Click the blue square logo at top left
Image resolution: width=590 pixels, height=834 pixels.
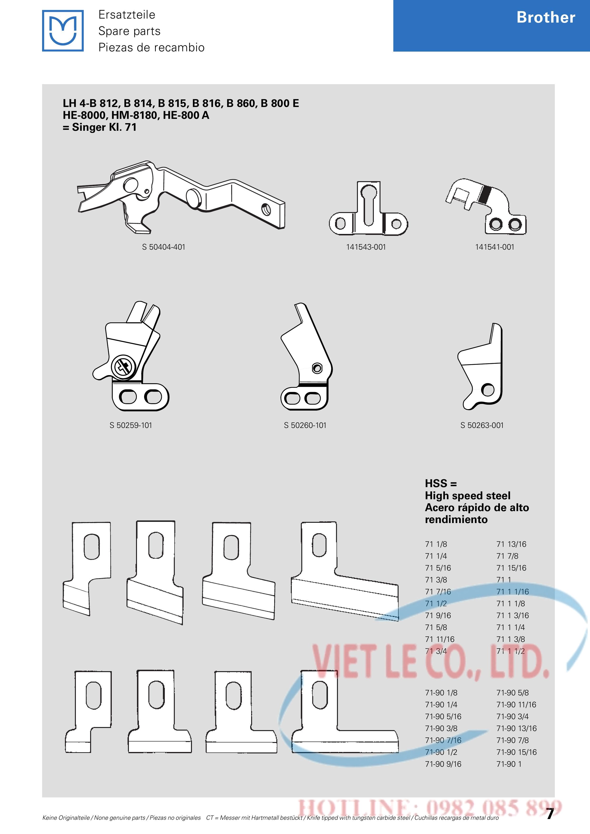(x=63, y=30)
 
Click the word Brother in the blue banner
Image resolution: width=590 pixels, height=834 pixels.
(x=546, y=17)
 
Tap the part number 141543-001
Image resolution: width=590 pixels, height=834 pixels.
(x=366, y=247)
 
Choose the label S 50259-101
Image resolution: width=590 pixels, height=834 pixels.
(x=131, y=425)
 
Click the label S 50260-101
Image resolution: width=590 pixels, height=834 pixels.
(x=305, y=425)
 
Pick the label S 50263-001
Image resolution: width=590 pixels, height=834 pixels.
(x=482, y=425)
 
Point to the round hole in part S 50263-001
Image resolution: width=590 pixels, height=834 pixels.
(x=488, y=390)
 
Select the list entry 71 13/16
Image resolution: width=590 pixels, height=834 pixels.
(x=511, y=544)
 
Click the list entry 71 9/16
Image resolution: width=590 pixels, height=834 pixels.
(x=438, y=615)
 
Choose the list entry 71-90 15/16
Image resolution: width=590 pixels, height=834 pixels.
(x=516, y=752)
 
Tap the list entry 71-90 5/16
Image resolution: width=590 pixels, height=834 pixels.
(x=443, y=716)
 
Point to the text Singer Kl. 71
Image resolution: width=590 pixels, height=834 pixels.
(x=104, y=127)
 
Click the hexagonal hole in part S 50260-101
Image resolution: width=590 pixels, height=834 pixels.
(x=317, y=368)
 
